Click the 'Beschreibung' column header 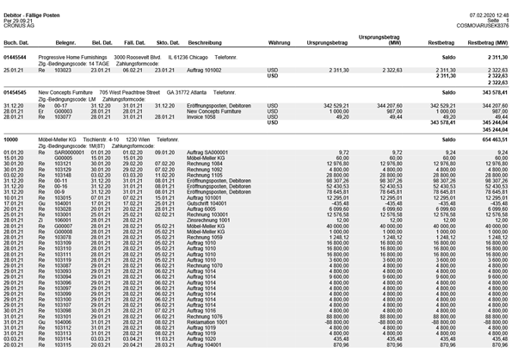click(207, 41)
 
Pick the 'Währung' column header click(279, 41)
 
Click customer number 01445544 click(16, 57)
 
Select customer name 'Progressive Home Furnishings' click(75, 57)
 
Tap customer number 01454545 click(16, 90)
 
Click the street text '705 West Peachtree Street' click(130, 90)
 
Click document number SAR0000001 click(68, 150)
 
